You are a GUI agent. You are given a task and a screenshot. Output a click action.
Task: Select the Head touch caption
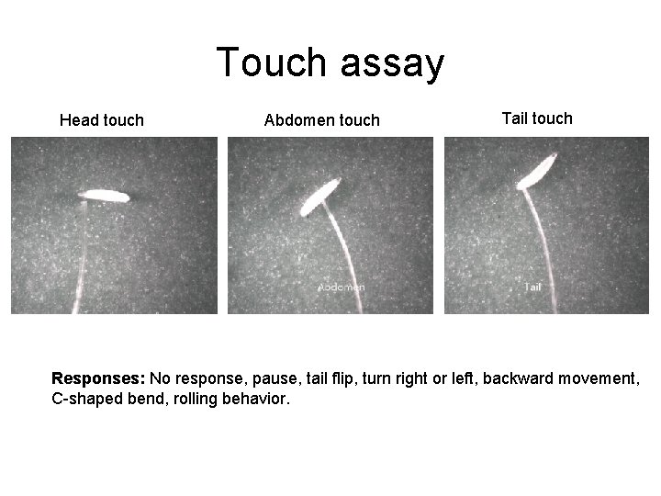101,120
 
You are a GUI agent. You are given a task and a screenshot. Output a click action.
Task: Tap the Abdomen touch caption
321,120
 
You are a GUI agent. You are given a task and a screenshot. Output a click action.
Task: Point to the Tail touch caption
537,118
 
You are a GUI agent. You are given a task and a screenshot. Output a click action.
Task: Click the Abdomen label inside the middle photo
342,287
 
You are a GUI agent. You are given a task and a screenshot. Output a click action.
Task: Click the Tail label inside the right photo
532,287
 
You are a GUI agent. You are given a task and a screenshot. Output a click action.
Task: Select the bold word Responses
98,378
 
